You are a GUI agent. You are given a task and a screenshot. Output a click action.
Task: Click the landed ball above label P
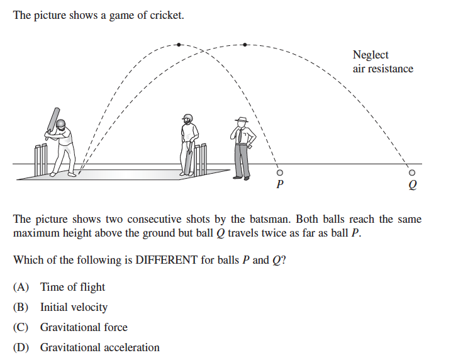coord(279,172)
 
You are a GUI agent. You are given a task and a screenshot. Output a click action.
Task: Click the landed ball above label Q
coord(411,172)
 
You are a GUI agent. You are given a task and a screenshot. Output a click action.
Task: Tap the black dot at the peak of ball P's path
coord(179,45)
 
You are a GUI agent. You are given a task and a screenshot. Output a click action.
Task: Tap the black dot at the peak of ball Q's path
coord(245,45)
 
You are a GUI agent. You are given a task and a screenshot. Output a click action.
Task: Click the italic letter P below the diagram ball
coord(280,184)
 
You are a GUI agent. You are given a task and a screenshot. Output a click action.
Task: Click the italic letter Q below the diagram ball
coord(413,185)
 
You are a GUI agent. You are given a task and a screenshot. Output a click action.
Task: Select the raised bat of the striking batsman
coord(53,120)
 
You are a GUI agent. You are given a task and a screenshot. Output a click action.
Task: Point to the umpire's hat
coord(242,120)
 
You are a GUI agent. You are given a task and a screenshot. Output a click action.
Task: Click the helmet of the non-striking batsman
coord(187,118)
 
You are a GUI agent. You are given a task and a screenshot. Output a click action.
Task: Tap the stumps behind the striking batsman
coord(41,160)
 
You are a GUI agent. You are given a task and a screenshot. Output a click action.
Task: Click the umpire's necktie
coord(240,135)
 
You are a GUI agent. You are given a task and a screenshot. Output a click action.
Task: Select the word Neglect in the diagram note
coord(371,55)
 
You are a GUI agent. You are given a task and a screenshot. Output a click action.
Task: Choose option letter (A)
coord(21,287)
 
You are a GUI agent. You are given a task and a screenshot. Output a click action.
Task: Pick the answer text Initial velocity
coord(74,307)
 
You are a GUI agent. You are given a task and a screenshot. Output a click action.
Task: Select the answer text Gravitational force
coord(84,327)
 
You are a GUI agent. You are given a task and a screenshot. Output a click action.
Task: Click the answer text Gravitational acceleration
coord(100,347)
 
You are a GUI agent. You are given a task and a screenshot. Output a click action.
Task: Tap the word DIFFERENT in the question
coord(166,260)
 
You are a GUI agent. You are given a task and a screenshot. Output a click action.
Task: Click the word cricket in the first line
coord(167,15)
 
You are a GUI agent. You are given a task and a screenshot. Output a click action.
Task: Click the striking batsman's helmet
coord(61,124)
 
